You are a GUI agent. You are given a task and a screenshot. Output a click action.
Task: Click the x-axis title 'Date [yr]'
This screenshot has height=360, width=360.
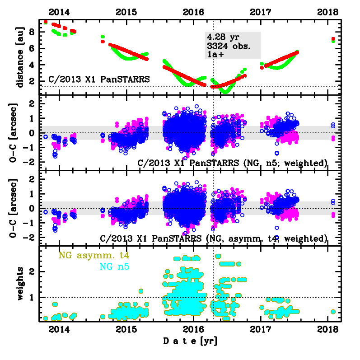193,340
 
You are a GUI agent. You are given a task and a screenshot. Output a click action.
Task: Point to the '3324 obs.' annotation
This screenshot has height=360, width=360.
228,46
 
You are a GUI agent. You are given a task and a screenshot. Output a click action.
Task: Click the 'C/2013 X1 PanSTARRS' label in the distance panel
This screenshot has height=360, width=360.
99,79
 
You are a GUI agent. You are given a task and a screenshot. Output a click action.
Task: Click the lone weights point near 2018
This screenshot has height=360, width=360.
333,312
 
